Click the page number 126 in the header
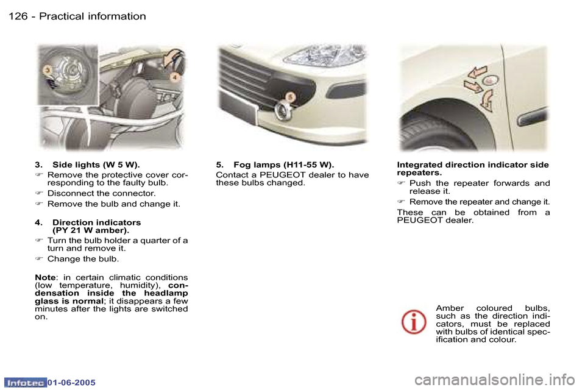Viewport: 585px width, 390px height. point(18,16)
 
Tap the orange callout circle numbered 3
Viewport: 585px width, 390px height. point(46,71)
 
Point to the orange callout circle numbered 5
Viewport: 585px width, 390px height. point(291,96)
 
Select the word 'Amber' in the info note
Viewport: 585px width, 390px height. point(450,308)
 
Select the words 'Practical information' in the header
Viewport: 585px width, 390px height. point(93,16)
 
